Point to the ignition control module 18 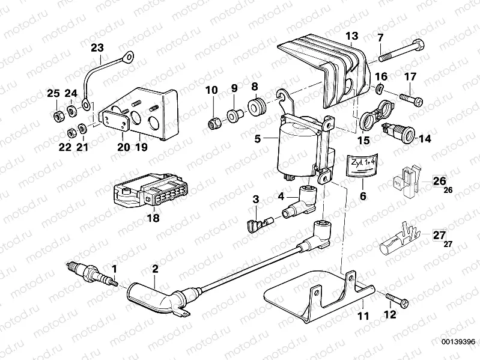tap(147, 191)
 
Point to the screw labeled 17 tap(411, 97)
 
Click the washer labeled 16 tap(380, 90)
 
